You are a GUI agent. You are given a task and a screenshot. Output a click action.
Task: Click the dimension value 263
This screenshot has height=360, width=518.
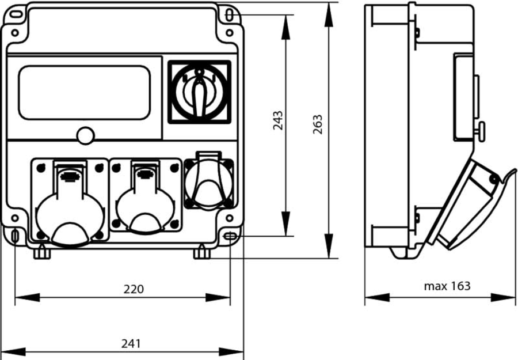point(318,124)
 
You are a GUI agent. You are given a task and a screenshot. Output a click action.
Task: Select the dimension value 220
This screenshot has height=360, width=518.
point(134,289)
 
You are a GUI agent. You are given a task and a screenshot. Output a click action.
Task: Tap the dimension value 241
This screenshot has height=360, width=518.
point(131,343)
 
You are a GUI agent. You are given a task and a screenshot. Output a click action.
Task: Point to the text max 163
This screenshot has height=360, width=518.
point(447,286)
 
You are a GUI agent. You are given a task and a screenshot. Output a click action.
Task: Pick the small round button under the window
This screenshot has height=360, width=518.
point(85,135)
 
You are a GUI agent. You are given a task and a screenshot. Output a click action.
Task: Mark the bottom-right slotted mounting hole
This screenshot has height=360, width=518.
point(230,235)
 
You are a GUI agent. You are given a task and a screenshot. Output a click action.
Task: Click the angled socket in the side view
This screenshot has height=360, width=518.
point(469,204)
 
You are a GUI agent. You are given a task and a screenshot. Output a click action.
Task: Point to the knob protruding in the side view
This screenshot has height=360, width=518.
point(480,130)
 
